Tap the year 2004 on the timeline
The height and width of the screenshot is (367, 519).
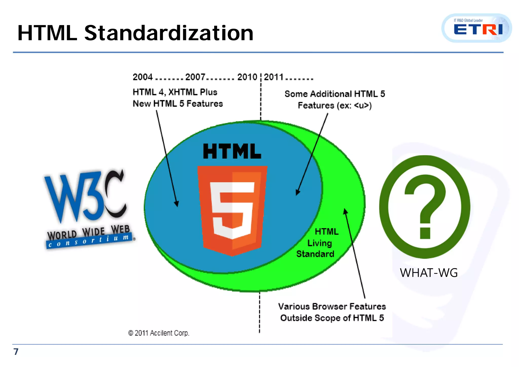point(143,77)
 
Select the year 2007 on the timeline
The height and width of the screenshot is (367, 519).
point(195,77)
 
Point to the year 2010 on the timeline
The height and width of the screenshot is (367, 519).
point(247,77)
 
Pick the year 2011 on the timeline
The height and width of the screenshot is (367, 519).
point(274,77)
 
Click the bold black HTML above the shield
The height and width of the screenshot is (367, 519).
point(232,152)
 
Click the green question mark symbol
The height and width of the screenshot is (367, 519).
point(425,207)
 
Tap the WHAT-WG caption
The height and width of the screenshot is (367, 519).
point(429,273)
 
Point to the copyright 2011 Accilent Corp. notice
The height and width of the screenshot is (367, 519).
point(159,333)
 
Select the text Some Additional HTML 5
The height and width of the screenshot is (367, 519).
point(335,94)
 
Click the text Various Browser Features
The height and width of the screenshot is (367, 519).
point(332,307)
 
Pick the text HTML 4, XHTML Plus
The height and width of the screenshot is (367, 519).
point(175,92)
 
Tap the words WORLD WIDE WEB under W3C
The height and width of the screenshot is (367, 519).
point(88,232)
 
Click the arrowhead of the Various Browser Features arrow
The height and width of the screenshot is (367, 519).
point(345,211)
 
